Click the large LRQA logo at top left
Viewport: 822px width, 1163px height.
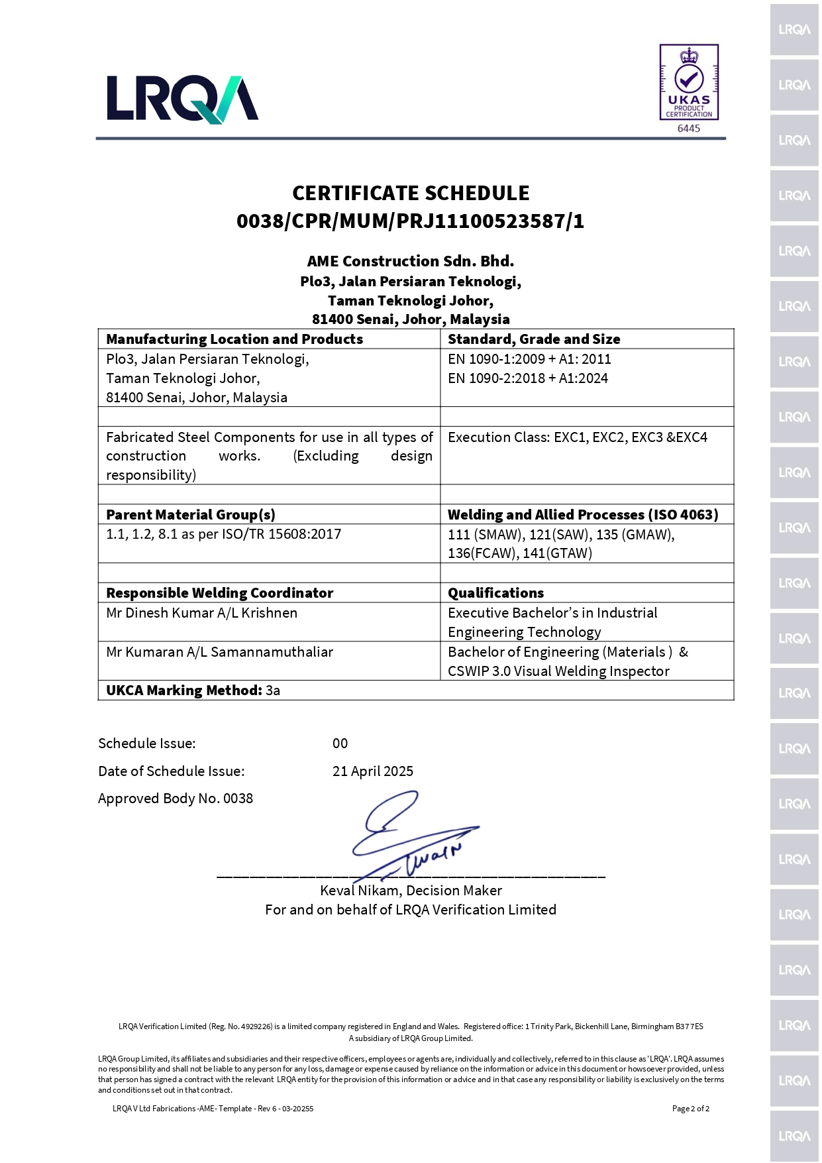pyautogui.click(x=182, y=99)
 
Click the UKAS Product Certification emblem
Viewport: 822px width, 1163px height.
pyautogui.click(x=689, y=82)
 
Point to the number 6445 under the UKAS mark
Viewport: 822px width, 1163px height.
pyautogui.click(x=689, y=129)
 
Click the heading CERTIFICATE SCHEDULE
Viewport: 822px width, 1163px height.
pyautogui.click(x=411, y=194)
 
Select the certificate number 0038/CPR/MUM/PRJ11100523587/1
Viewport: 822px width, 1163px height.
pyautogui.click(x=411, y=221)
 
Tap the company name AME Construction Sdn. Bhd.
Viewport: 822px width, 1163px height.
pyautogui.click(x=411, y=261)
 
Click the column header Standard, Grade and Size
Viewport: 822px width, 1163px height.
pyautogui.click(x=534, y=339)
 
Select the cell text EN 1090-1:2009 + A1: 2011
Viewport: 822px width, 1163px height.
pyautogui.click(x=529, y=359)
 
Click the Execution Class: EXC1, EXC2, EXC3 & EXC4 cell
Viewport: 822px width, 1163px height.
pyautogui.click(x=578, y=437)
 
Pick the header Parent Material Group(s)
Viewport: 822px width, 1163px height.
pyautogui.click(x=191, y=515)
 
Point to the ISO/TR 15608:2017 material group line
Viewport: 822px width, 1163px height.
pyautogui.click(x=224, y=534)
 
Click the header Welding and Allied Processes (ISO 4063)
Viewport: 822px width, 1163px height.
pyautogui.click(x=583, y=515)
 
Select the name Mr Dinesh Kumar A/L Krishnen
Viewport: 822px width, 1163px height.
pyautogui.click(x=202, y=613)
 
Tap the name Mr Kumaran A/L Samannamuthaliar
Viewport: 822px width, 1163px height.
pyautogui.click(x=219, y=652)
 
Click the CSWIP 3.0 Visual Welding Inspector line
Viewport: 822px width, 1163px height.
pyautogui.click(x=558, y=671)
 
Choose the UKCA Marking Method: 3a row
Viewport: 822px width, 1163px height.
pyautogui.click(x=193, y=691)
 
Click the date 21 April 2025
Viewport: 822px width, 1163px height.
pyautogui.click(x=373, y=771)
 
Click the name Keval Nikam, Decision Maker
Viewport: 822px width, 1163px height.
pyautogui.click(x=411, y=891)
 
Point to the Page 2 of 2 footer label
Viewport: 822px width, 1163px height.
pyautogui.click(x=690, y=1109)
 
